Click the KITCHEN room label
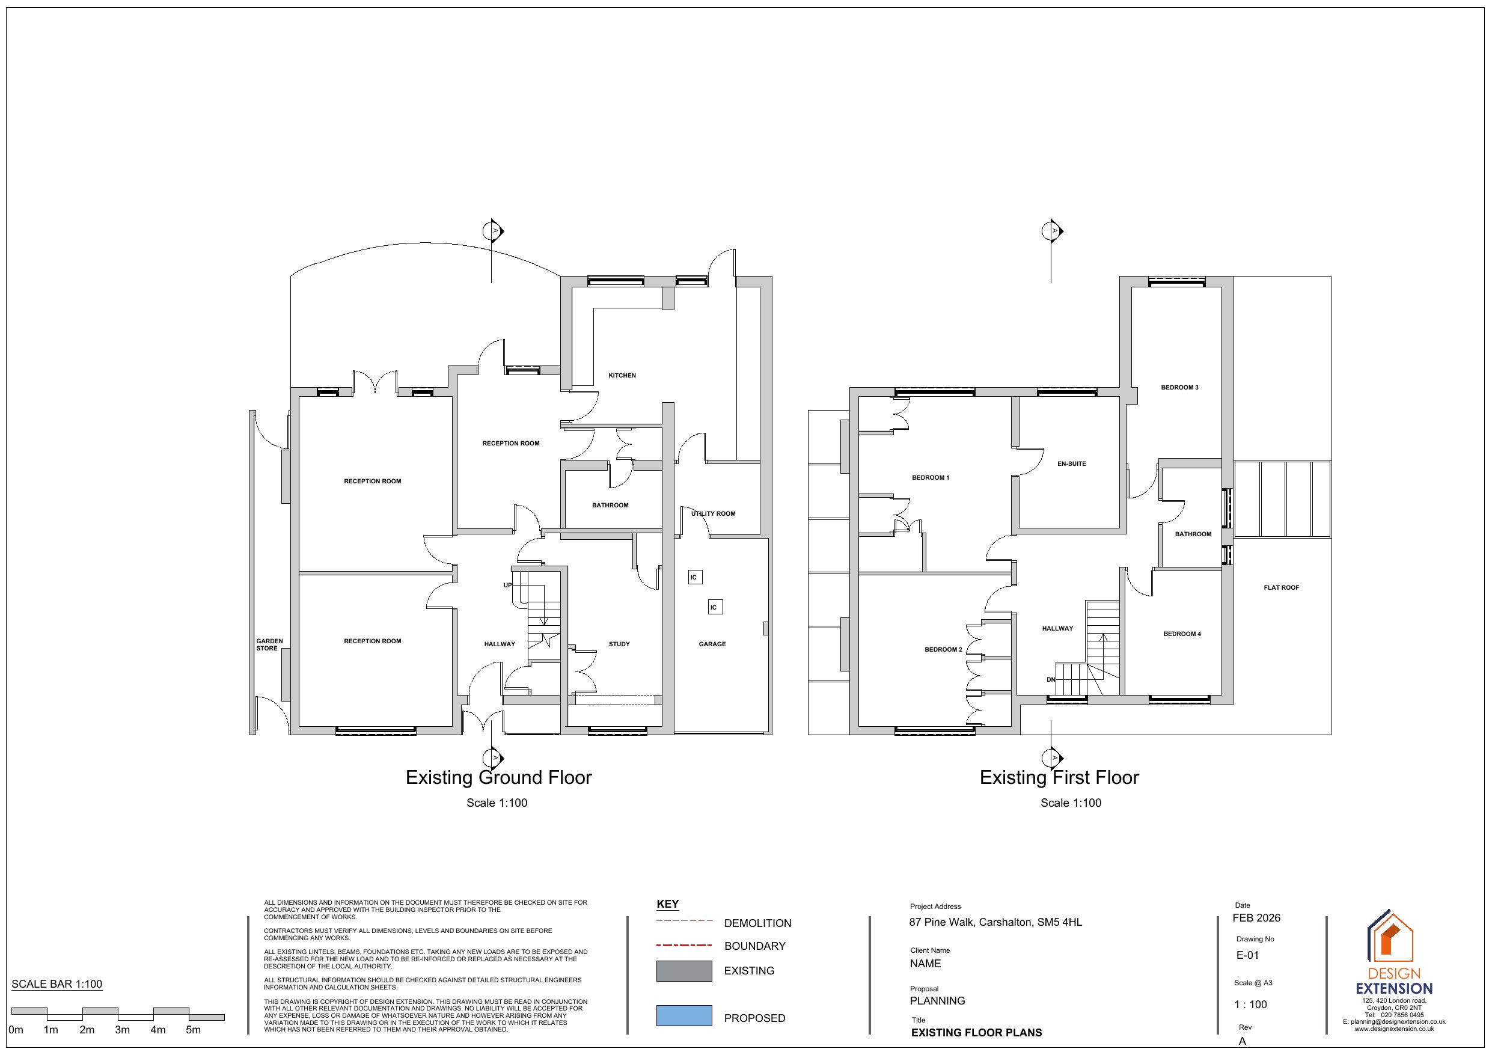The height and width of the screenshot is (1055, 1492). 622,376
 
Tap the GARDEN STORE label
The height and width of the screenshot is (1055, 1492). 269,645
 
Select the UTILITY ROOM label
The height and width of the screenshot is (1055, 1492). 713,513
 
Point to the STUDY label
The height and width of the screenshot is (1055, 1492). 619,644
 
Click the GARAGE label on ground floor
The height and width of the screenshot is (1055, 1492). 712,644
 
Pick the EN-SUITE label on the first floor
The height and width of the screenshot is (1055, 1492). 1072,464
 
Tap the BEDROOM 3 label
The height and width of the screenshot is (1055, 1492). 1179,387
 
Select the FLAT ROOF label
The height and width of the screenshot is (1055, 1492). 1282,588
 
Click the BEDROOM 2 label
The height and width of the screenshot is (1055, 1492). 943,649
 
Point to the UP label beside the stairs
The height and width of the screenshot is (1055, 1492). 507,585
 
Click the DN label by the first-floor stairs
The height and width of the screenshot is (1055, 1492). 1051,680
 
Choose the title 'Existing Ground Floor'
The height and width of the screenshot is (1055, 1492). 498,777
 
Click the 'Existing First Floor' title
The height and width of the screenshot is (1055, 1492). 1059,777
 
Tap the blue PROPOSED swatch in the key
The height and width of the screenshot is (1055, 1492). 683,1015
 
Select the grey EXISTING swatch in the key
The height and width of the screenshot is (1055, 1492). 683,970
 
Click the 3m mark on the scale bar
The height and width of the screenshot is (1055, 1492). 122,1030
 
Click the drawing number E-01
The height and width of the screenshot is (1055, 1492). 1248,955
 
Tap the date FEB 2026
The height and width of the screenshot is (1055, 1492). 1256,918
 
